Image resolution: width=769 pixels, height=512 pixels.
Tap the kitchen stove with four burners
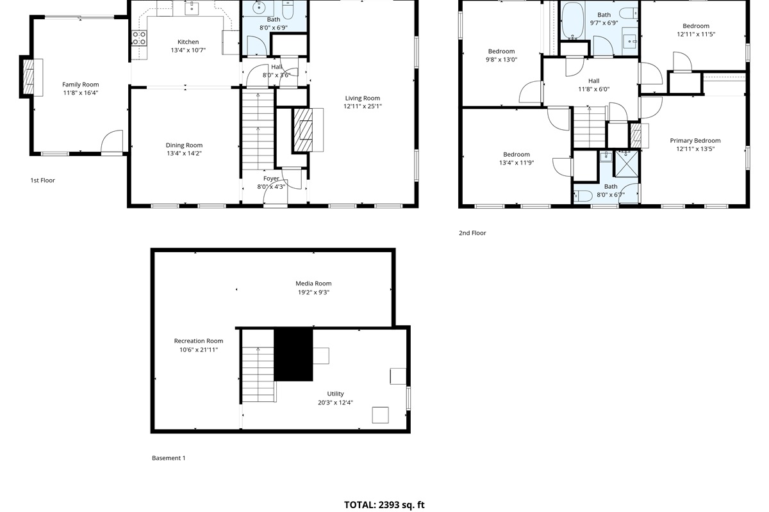(x=140, y=38)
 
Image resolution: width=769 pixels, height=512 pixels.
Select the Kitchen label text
(x=188, y=42)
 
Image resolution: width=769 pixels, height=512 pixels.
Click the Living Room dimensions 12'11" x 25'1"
(x=363, y=106)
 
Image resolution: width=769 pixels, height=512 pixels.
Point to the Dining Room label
(x=184, y=145)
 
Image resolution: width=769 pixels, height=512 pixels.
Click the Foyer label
(x=271, y=179)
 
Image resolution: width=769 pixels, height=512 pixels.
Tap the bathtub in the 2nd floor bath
(x=573, y=21)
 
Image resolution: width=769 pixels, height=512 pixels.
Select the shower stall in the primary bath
(x=627, y=164)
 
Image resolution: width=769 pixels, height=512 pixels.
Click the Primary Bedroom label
(x=695, y=141)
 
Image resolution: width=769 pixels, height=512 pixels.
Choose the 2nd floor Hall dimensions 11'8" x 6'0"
(x=594, y=89)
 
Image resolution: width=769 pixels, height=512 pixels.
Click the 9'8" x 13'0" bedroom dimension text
(x=501, y=60)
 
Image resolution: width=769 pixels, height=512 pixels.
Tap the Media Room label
(x=313, y=284)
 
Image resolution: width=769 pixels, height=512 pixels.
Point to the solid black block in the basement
(x=294, y=355)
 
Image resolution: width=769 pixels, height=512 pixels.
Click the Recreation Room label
(x=199, y=341)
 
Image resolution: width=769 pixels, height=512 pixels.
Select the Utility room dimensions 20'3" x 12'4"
(x=335, y=403)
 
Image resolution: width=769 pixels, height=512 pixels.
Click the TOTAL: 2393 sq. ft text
(x=384, y=505)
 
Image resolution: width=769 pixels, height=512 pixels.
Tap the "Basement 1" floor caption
(x=169, y=458)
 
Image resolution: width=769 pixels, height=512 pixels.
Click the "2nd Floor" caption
(x=472, y=233)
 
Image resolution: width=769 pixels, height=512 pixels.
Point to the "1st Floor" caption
(x=42, y=180)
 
